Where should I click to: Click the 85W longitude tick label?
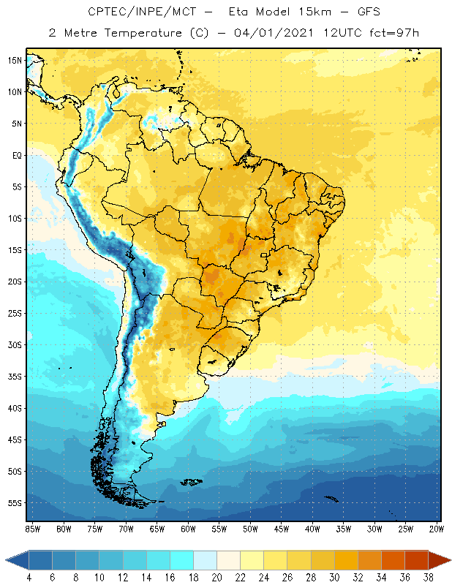tap(33, 528)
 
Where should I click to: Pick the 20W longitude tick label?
tap(436, 528)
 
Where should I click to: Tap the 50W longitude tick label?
tap(250, 528)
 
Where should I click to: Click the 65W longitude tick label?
tap(157, 528)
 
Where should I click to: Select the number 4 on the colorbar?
tap(29, 577)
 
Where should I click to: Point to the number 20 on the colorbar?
tap(216, 577)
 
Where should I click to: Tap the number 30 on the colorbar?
tap(334, 577)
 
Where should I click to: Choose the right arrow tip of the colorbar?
tap(450, 560)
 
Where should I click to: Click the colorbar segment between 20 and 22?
tap(228, 560)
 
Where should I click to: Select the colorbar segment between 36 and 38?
tap(416, 560)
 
